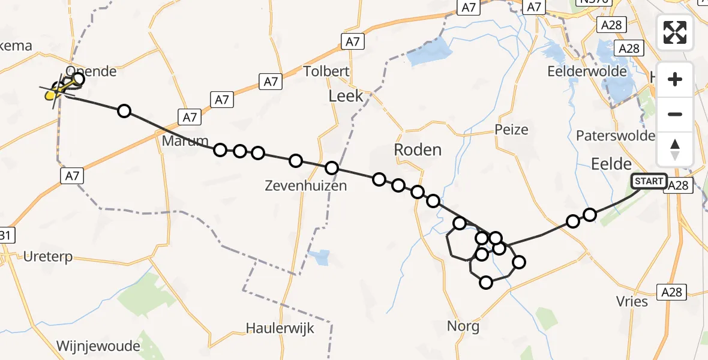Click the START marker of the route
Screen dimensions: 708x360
click(x=649, y=181)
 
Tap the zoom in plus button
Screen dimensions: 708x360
click(x=675, y=79)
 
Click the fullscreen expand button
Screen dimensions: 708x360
click(x=675, y=32)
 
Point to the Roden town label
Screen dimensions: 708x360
click(x=418, y=149)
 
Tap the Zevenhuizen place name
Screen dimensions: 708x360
click(x=306, y=185)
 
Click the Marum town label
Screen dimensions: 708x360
click(x=182, y=141)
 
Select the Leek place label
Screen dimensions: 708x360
click(x=346, y=96)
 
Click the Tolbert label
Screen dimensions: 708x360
click(x=326, y=71)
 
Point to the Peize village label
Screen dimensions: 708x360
click(x=512, y=130)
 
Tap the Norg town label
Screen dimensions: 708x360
click(x=463, y=326)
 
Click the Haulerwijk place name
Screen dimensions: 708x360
click(x=280, y=328)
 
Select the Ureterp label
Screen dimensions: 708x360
click(x=47, y=257)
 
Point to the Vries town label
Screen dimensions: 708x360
click(x=632, y=301)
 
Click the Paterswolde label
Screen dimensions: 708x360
click(x=615, y=136)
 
